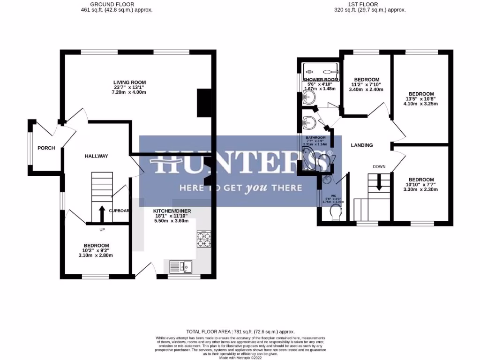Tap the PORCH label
coord(46,148)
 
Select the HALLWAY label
coord(97,156)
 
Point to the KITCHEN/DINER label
coord(172,211)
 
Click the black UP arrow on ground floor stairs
coord(102,213)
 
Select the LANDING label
coord(362,145)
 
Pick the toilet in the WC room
coord(336,214)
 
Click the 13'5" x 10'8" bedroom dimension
coord(421,99)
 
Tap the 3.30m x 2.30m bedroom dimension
coord(421,190)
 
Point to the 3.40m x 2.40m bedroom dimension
coord(367,90)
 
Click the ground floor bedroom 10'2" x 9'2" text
coord(96,250)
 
